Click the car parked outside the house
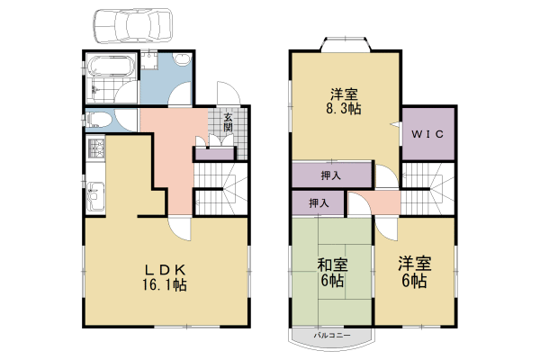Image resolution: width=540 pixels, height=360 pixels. pos(132,25)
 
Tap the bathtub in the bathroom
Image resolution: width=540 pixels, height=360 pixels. pos(111,66)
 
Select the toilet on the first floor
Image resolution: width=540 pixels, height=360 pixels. pos(99,120)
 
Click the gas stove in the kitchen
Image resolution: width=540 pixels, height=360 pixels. pos(96,148)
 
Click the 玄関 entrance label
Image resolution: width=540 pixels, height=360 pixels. pos(228,122)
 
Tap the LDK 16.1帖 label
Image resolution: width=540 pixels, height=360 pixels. pos(165,277)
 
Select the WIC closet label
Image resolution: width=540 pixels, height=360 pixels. pos(427,134)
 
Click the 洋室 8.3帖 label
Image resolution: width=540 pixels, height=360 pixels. pos(344,102)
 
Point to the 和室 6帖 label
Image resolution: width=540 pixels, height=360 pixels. pos(332,273)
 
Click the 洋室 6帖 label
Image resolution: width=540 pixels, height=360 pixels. pos(414,272)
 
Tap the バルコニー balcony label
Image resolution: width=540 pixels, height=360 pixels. pos(332,335)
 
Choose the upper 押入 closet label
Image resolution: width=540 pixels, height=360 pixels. pos(331,175)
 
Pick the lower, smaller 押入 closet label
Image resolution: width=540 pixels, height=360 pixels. pos(319,203)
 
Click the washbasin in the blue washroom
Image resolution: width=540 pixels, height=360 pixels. pos(182,59)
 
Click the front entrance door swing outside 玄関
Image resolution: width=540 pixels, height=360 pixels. pos(228,93)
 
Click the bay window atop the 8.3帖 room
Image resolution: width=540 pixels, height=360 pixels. pos(346,45)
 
